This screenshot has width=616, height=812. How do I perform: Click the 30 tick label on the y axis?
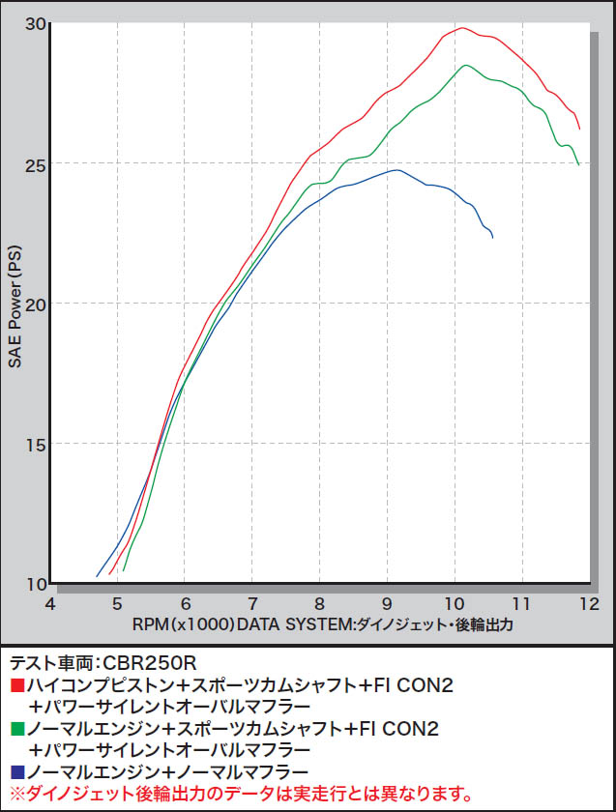[x=34, y=23]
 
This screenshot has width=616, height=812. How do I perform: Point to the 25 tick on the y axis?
[x=34, y=163]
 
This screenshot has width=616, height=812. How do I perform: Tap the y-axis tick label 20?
[x=34, y=304]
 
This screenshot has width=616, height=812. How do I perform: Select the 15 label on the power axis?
[x=34, y=444]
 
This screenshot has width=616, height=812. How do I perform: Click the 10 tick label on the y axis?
[x=34, y=583]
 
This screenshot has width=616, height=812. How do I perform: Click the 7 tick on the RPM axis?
[x=252, y=603]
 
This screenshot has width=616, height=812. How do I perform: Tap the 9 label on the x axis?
[x=388, y=603]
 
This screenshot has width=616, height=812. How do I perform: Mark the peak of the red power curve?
[x=462, y=28]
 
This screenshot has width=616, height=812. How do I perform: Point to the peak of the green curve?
[x=467, y=65]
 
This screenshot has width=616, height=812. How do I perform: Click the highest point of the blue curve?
[x=396, y=170]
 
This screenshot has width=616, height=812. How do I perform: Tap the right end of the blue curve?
[x=492, y=237]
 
